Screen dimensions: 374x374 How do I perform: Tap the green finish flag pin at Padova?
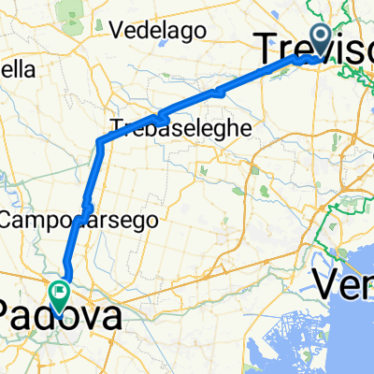(x=60, y=295)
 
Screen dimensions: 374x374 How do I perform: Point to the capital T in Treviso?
(x=267, y=45)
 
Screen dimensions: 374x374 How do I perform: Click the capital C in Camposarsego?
(x=11, y=221)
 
